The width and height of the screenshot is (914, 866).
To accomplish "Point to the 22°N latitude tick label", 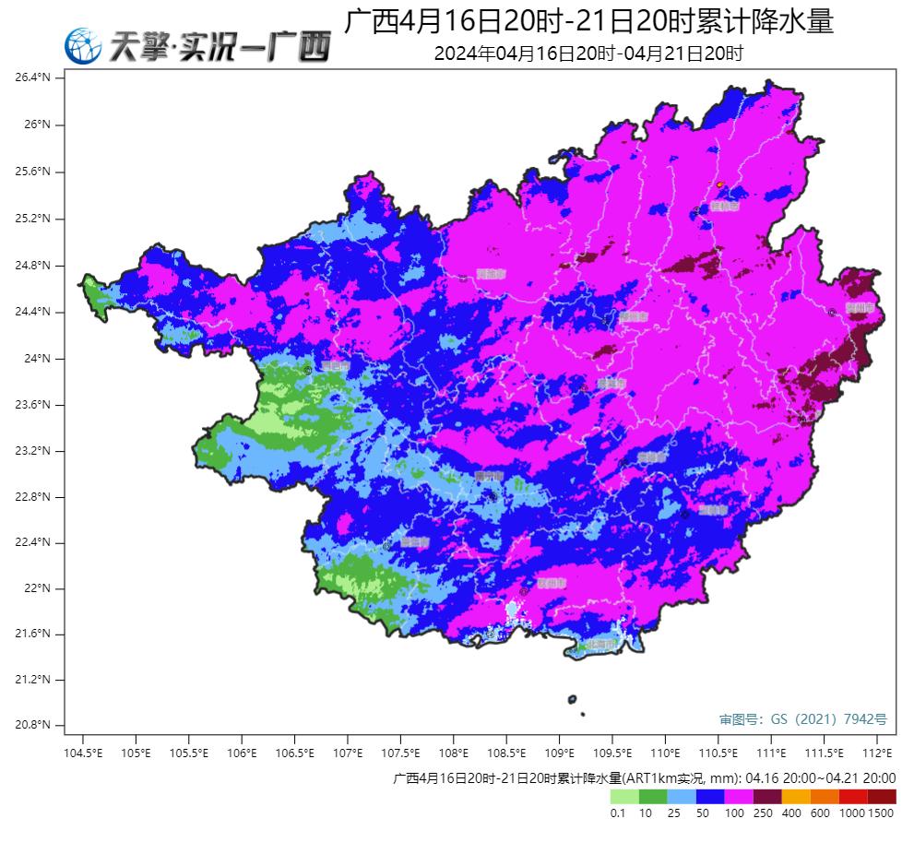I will pyautogui.click(x=36, y=588).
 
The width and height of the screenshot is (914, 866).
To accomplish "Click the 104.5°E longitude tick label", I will pyautogui.click(x=83, y=753).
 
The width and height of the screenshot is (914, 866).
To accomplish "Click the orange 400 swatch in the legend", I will pyautogui.click(x=796, y=797).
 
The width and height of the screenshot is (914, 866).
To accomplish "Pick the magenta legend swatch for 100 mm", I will pyautogui.click(x=739, y=797).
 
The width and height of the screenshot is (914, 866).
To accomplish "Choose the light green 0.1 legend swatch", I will pyautogui.click(x=624, y=797).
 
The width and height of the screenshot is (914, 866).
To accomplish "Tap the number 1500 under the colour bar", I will pyautogui.click(x=881, y=813).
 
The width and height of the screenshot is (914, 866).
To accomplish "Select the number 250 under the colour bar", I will pyautogui.click(x=764, y=813).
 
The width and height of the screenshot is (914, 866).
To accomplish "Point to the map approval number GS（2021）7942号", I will pyautogui.click(x=802, y=718).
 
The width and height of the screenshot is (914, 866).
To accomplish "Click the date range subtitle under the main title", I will pyautogui.click(x=588, y=53).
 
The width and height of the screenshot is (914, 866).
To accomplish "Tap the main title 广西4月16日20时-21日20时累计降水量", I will pyautogui.click(x=588, y=22).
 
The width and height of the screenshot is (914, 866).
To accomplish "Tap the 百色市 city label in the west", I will pyautogui.click(x=334, y=366).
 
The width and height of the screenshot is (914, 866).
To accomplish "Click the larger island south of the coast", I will pyautogui.click(x=573, y=700).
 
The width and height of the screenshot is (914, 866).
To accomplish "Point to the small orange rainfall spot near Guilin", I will pyautogui.click(x=720, y=184).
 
